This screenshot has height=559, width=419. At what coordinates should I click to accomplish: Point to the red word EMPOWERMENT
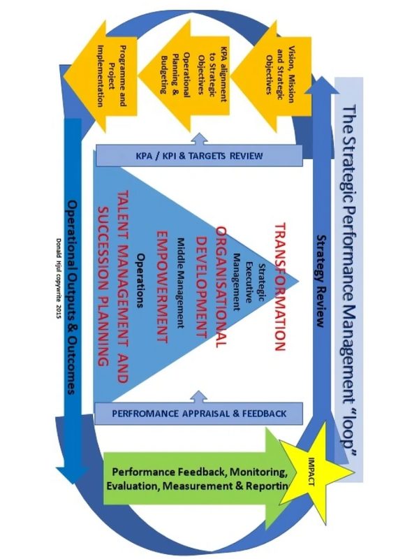point(163,286)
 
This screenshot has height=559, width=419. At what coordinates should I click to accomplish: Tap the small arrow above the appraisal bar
point(200,396)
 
